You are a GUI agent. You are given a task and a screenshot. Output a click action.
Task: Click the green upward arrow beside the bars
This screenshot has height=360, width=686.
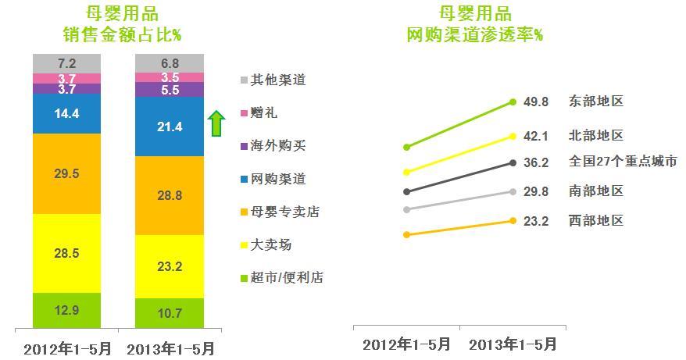216,123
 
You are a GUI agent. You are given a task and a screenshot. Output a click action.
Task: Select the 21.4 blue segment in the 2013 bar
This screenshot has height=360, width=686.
170,127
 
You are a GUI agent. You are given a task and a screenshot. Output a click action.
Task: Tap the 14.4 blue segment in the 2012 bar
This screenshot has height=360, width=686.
67,114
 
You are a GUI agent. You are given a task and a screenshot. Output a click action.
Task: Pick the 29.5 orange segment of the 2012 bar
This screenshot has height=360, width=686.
67,173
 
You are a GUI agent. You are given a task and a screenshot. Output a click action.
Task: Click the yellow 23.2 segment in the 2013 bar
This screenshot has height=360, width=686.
170,266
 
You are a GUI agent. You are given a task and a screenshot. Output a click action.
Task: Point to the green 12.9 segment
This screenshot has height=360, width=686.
67,310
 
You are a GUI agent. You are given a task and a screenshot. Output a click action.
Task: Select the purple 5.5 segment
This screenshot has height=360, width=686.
170,90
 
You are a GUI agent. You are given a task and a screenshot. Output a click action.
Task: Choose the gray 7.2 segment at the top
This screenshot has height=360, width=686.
67,62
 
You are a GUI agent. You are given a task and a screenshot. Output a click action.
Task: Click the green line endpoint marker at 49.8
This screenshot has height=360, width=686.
513,102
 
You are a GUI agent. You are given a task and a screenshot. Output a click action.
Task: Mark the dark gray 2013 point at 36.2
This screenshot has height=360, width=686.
513,162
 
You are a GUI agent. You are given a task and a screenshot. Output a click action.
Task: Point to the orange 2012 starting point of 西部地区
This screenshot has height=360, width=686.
406,234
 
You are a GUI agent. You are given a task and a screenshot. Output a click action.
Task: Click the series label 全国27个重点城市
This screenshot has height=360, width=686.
623,162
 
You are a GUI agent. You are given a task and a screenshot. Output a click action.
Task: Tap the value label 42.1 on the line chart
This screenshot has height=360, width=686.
538,137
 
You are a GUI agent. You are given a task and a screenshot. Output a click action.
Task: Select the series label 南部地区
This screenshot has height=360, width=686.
596,191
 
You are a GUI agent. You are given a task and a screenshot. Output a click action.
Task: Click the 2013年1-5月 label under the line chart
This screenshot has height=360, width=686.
513,344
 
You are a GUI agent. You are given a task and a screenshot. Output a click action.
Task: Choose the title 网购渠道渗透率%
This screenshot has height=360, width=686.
475,35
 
